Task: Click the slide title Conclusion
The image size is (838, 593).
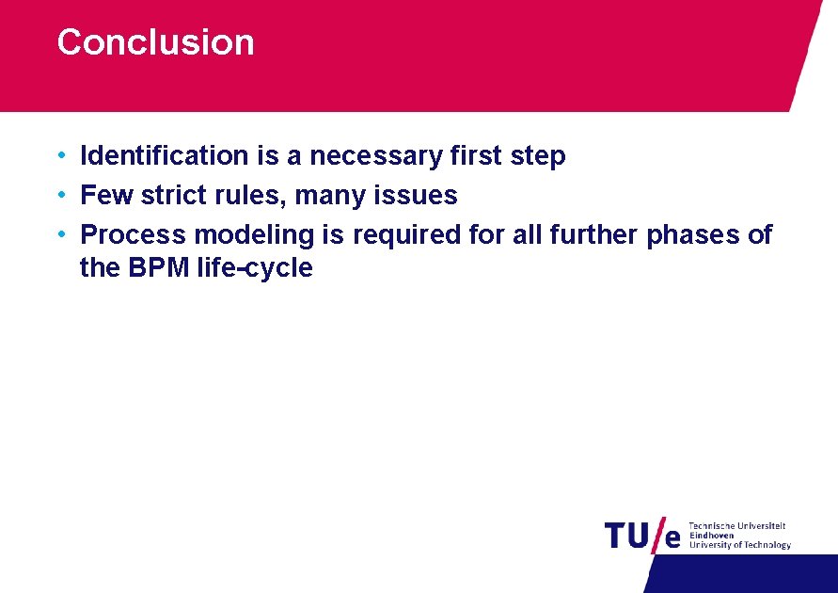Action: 155,42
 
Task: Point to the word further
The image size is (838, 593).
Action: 593,234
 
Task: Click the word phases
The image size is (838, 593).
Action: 691,234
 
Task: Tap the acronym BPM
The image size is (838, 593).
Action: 154,268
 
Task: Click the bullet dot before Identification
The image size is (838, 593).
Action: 60,155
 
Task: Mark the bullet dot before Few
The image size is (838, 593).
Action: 60,195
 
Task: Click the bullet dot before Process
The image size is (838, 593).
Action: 60,234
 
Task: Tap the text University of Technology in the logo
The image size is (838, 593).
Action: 740,545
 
